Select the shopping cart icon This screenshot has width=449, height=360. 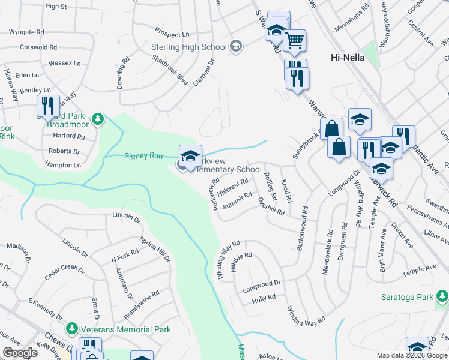(x=294, y=40)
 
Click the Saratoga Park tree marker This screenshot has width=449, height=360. (x=442, y=296)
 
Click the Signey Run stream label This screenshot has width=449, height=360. (x=143, y=156)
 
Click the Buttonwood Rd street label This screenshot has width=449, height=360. (x=302, y=229)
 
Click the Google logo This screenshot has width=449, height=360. (x=20, y=352)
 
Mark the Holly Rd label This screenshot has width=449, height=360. (x=264, y=298)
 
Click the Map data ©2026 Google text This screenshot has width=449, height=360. (x=411, y=355)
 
